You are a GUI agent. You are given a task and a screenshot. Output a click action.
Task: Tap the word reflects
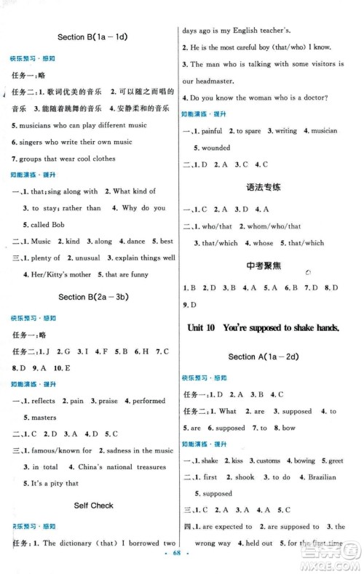(43, 401)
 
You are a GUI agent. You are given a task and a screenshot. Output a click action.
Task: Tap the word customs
(268, 461)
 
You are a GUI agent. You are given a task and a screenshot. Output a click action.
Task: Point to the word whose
(263, 243)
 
